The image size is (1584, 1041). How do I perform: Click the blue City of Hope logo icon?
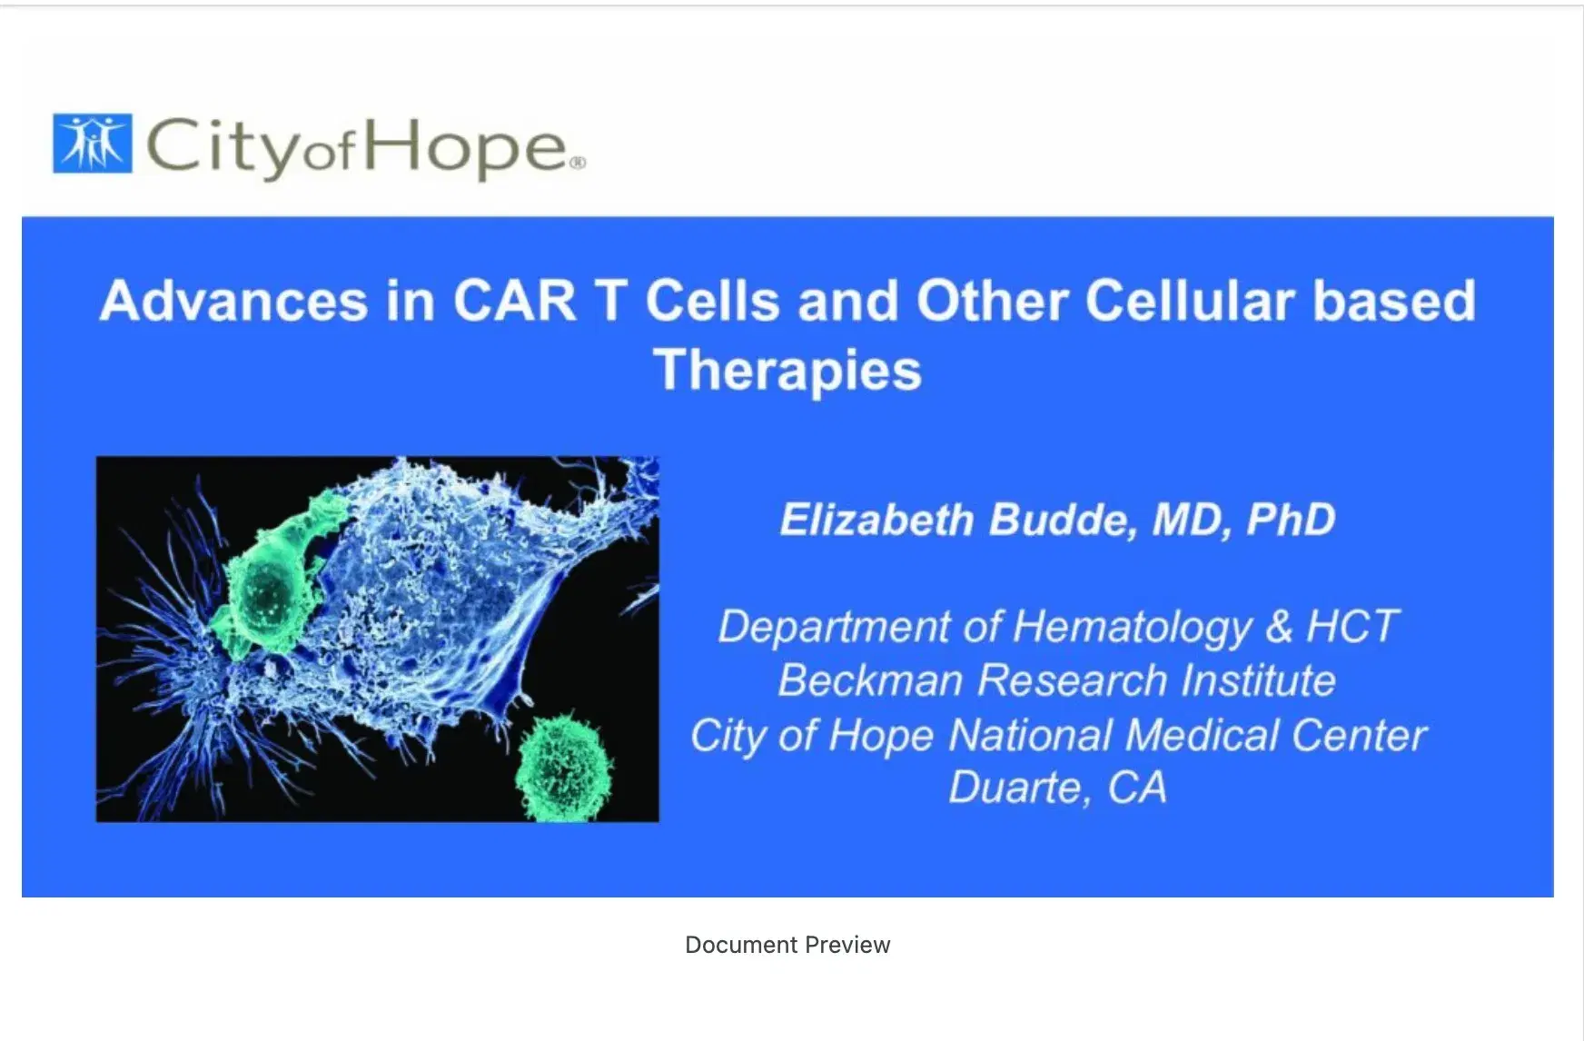pyautogui.click(x=92, y=144)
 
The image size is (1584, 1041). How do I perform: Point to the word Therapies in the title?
pyautogui.click(x=787, y=371)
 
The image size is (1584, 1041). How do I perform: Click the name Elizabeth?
pyautogui.click(x=876, y=520)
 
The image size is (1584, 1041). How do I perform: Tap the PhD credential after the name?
pyautogui.click(x=1291, y=520)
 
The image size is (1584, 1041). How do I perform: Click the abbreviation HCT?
pyautogui.click(x=1351, y=627)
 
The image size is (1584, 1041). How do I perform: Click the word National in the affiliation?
pyautogui.click(x=1030, y=735)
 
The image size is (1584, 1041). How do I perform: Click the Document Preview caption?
pyautogui.click(x=787, y=945)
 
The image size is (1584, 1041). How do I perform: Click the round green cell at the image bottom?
pyautogui.click(x=563, y=768)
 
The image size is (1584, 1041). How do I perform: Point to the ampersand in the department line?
pyautogui.click(x=1279, y=627)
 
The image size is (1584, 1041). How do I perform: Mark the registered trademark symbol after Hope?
pyautogui.click(x=578, y=164)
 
